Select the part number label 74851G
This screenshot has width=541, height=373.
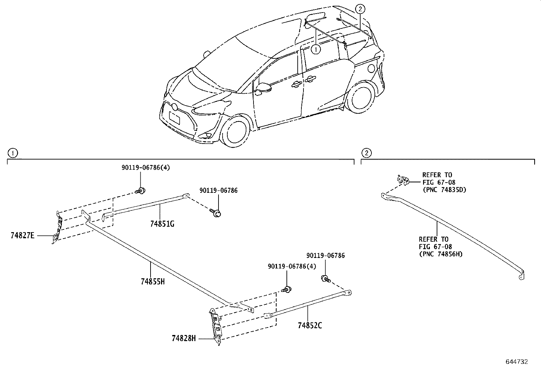pos(162,224)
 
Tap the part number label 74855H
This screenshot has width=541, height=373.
pos(153,281)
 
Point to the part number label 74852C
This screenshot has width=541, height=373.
pos(310,325)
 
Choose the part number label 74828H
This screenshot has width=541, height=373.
pos(184,338)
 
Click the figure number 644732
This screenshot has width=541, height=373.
pos(517,362)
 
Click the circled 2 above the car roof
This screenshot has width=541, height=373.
pos(361,9)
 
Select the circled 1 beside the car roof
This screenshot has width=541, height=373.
pos(316,50)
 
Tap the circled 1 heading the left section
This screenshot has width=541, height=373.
pos(13,153)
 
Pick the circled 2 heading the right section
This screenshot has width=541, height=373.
pos(366,153)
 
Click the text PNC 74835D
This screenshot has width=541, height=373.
pos(444,190)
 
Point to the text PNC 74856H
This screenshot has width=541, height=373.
pos(441,254)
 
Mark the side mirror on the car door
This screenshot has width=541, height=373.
pos(264,87)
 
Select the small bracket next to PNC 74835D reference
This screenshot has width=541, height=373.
pos(403,180)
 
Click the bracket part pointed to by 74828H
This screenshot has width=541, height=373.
pos(216,326)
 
